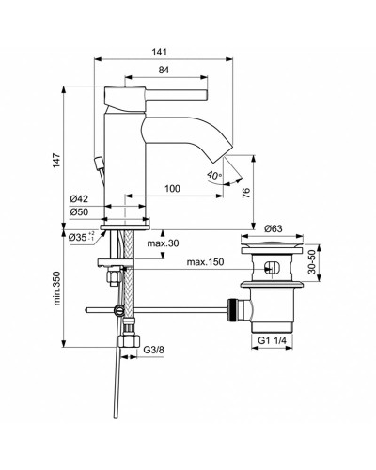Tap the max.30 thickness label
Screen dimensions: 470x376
[162, 243]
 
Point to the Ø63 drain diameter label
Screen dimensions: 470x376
[274, 228]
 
